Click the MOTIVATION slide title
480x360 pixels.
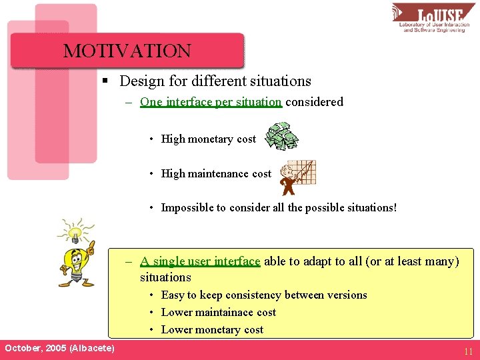click(x=127, y=51)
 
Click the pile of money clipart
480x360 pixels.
click(x=281, y=136)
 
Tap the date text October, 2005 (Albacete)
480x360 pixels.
click(x=59, y=349)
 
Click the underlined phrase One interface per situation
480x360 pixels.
click(x=211, y=102)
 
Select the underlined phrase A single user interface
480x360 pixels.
click(x=200, y=261)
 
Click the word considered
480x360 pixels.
click(x=314, y=102)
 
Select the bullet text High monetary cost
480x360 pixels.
click(x=208, y=139)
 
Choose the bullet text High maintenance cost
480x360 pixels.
click(x=216, y=173)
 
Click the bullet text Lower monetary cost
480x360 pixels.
click(x=212, y=329)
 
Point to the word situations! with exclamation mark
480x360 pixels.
click(x=370, y=207)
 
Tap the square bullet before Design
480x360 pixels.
click(x=105, y=81)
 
